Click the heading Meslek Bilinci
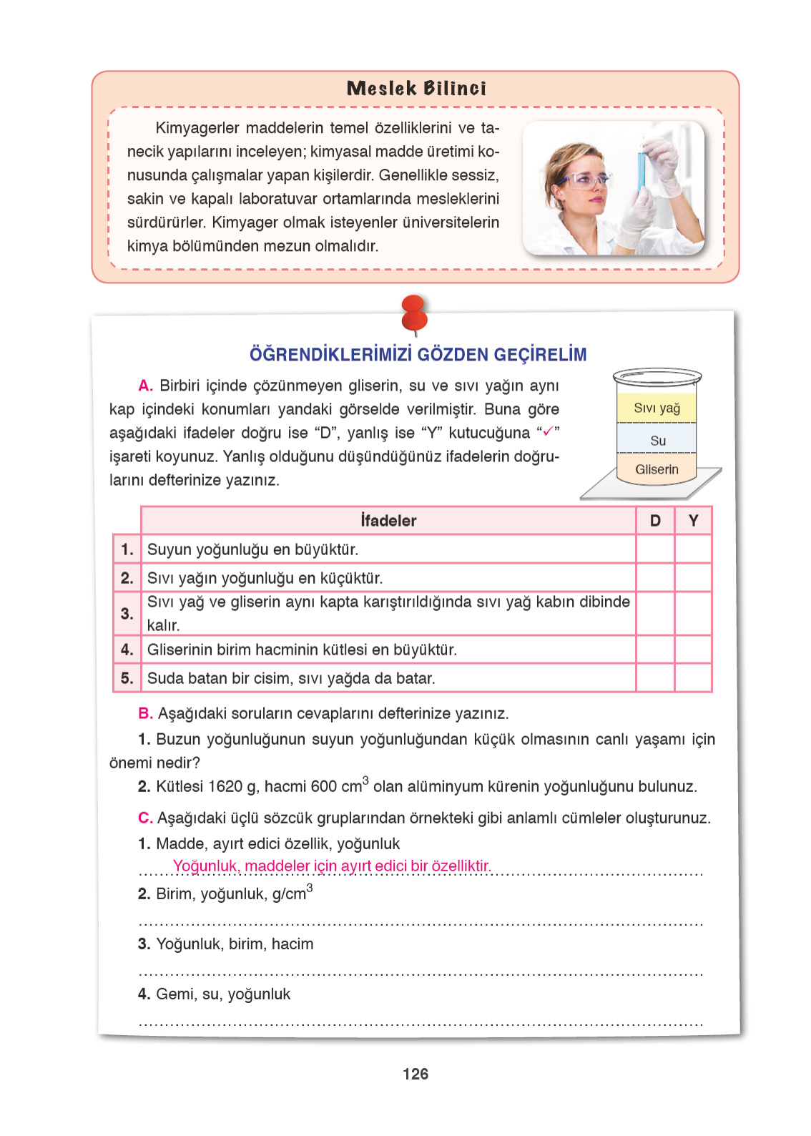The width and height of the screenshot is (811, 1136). click(x=416, y=88)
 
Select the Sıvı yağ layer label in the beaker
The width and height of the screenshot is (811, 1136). click(x=657, y=408)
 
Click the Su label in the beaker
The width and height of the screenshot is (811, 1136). click(x=658, y=441)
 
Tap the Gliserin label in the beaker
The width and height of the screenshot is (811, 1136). click(x=657, y=469)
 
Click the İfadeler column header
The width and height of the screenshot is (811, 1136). click(x=388, y=521)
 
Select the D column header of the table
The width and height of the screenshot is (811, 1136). click(x=655, y=521)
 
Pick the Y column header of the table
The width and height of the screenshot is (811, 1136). click(x=693, y=521)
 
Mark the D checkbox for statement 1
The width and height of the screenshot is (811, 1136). click(x=655, y=549)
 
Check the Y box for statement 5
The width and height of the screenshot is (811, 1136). click(x=693, y=678)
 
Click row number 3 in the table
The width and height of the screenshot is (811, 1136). click(x=127, y=614)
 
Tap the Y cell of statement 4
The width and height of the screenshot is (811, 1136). click(x=693, y=650)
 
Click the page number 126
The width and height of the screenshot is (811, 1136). click(x=416, y=1074)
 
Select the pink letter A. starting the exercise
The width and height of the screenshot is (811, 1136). click(x=145, y=386)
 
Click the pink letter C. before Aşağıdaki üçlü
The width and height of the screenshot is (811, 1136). click(x=145, y=818)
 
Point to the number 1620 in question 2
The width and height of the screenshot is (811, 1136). click(x=225, y=787)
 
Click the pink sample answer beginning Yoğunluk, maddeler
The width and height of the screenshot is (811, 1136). click(x=332, y=866)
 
